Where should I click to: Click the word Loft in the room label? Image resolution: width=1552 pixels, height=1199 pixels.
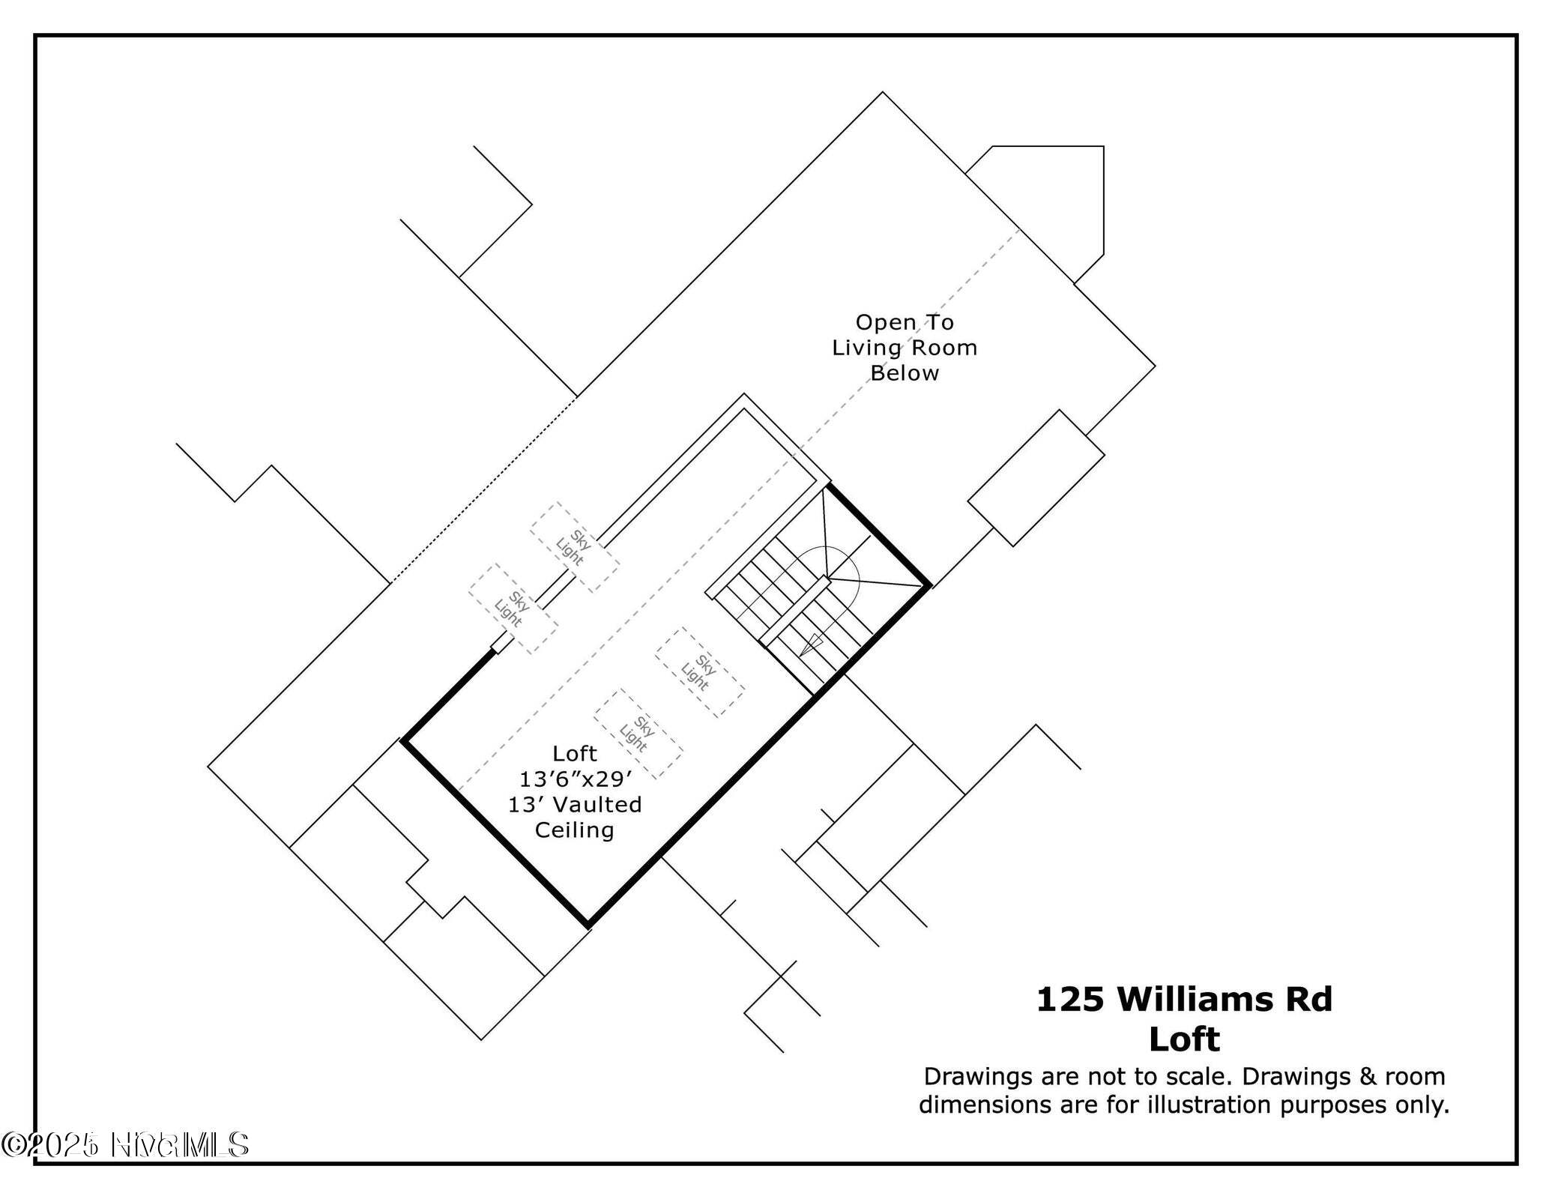click(x=575, y=753)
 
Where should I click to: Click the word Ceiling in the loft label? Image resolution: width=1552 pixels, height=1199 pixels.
click(x=574, y=830)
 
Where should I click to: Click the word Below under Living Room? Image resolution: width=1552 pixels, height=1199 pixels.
click(x=905, y=373)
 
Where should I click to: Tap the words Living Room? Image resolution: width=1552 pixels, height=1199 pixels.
click(x=905, y=348)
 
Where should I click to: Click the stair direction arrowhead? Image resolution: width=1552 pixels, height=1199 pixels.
click(x=809, y=644)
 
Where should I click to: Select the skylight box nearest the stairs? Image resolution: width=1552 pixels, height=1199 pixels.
click(x=699, y=672)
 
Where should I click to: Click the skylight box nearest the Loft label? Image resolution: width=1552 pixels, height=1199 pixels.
click(x=638, y=734)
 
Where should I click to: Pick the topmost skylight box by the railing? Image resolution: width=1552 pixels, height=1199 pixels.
click(x=574, y=547)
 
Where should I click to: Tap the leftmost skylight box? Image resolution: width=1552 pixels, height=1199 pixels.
click(x=513, y=608)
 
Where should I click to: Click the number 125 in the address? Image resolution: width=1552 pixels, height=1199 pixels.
click(x=1069, y=1000)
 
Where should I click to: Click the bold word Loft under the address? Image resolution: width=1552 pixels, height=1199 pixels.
click(x=1184, y=1039)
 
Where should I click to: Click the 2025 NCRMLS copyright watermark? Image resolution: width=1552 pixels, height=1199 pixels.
click(x=125, y=1145)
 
